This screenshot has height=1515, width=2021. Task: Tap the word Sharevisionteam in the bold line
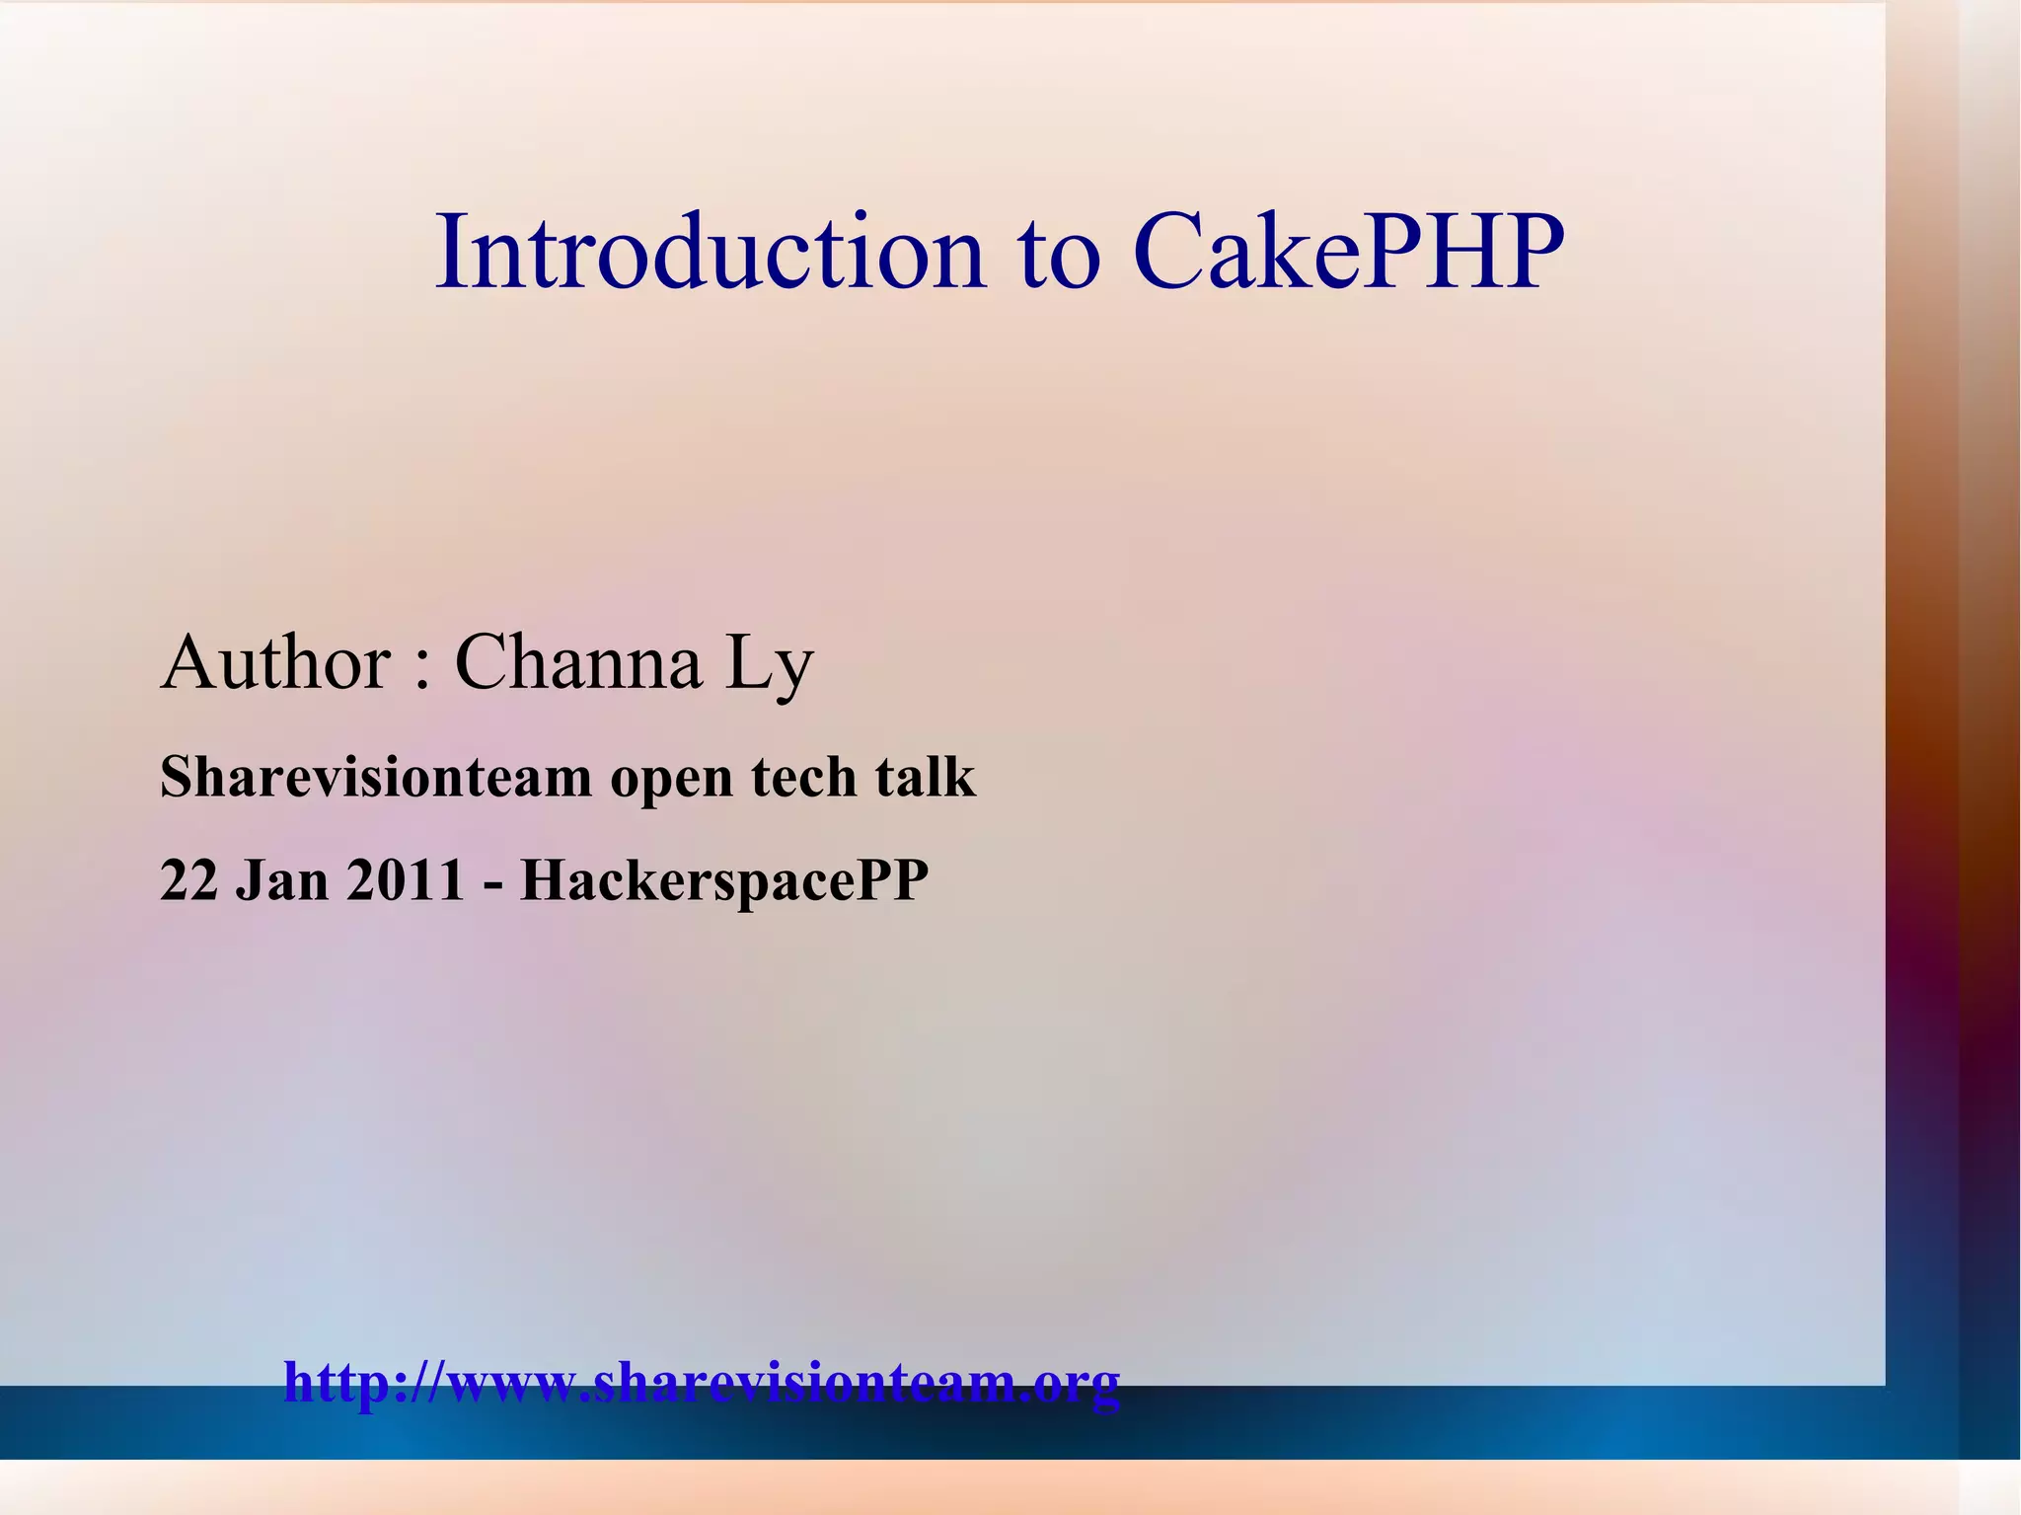point(375,777)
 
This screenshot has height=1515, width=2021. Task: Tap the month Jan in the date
point(281,879)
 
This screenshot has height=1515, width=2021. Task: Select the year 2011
point(405,879)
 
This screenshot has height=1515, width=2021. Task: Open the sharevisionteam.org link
point(702,1383)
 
